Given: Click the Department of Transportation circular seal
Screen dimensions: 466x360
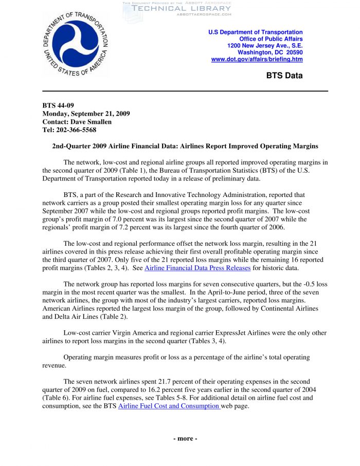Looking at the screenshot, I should (x=76, y=43).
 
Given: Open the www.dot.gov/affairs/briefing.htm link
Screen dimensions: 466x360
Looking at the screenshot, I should (x=257, y=59).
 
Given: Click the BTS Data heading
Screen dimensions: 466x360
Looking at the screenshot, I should (x=284, y=76).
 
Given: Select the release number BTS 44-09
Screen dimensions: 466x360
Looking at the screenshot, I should (x=59, y=105).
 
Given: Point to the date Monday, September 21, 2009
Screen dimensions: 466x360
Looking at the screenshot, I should (x=86, y=114).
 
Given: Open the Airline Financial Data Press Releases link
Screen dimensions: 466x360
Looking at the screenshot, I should (x=197, y=268).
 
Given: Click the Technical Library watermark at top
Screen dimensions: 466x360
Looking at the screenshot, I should (x=181, y=8).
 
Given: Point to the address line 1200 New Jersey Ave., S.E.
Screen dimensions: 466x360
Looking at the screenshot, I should (x=265, y=46).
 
